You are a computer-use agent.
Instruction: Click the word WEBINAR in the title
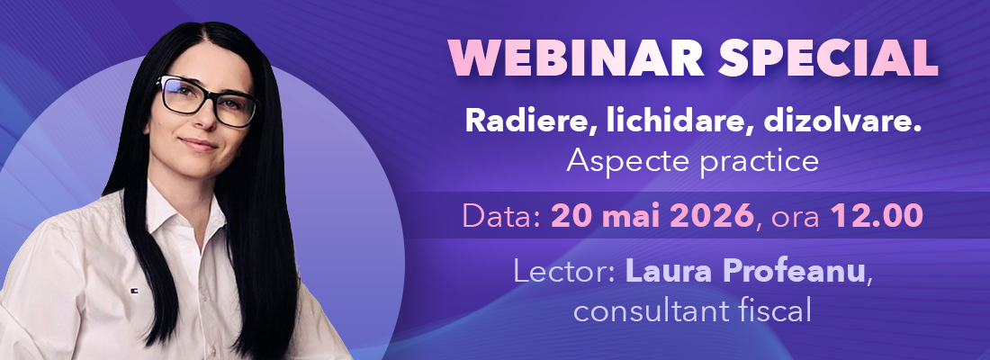click(x=577, y=59)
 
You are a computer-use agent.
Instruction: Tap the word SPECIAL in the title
click(x=828, y=59)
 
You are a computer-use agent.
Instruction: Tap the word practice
click(x=760, y=162)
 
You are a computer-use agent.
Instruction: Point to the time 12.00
click(x=877, y=217)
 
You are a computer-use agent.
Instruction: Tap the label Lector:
click(x=564, y=271)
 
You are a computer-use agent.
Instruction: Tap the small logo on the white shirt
click(x=134, y=292)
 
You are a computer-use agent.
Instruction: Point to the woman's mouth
click(x=198, y=144)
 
